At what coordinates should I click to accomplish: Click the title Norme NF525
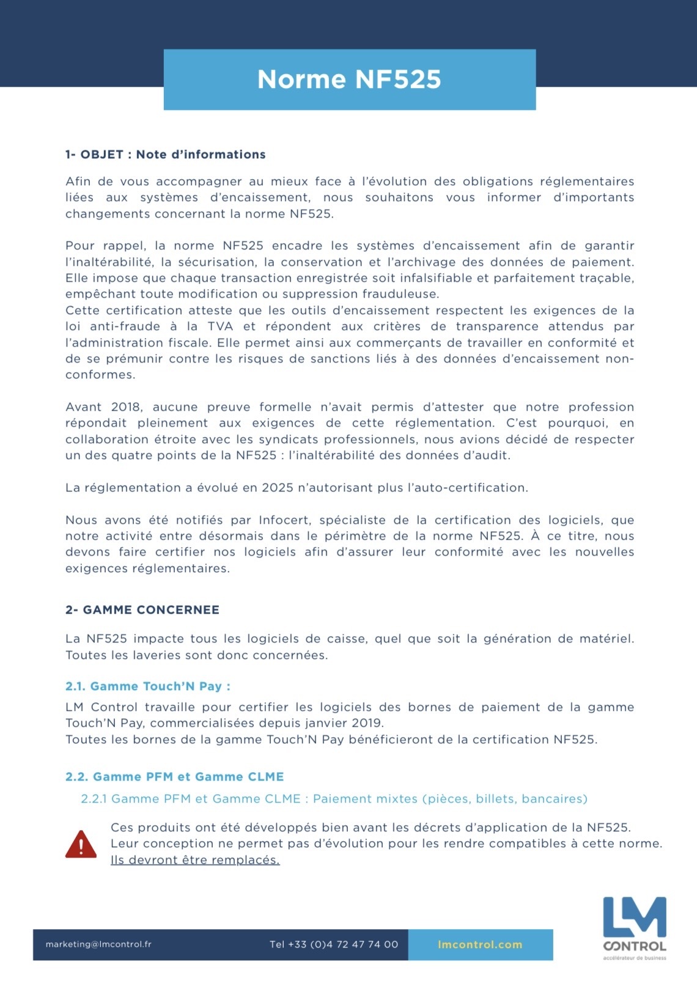[349, 79]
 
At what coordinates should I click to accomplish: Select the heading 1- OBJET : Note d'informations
[165, 155]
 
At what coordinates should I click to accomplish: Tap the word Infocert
[285, 520]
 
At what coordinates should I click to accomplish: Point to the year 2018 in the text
[127, 407]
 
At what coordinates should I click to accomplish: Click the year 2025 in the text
[278, 488]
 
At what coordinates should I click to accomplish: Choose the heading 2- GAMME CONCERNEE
[142, 610]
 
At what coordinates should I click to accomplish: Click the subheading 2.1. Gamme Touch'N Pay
[147, 686]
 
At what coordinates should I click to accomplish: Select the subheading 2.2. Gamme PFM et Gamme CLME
[174, 777]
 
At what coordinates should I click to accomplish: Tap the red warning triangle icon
[81, 844]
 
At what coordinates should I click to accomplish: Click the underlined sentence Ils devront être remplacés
[195, 860]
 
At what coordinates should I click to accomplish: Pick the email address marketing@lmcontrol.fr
[98, 944]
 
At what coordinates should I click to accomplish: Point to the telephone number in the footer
[334, 944]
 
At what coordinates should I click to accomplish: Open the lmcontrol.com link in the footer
[480, 944]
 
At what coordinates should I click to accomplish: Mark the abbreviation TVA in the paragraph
[221, 326]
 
